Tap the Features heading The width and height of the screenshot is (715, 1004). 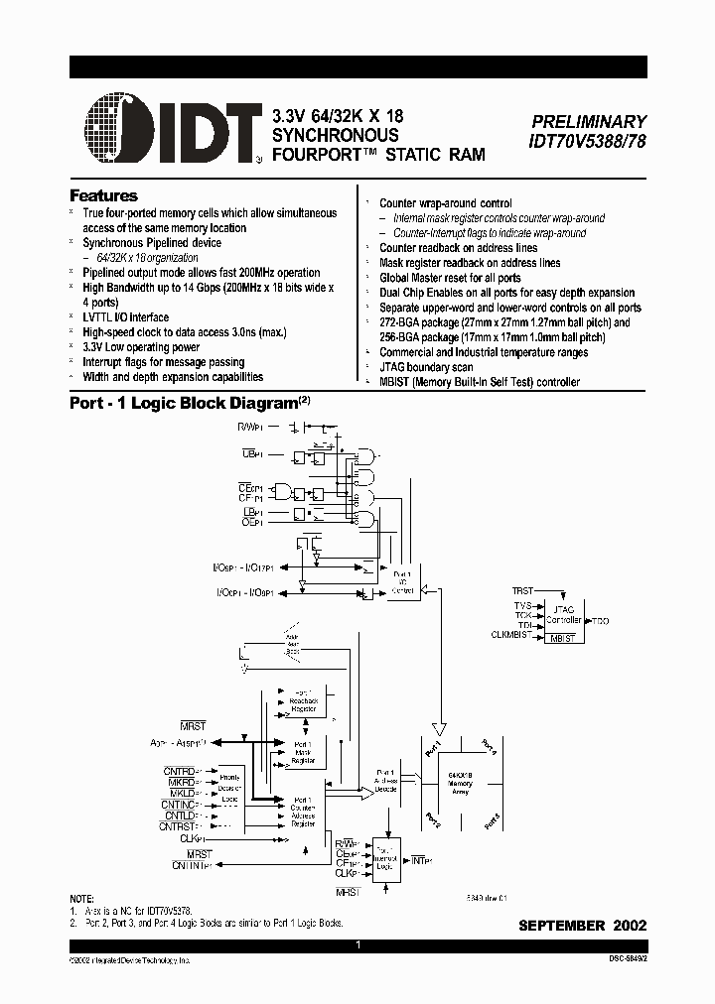pos(103,195)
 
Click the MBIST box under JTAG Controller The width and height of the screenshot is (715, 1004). pos(563,638)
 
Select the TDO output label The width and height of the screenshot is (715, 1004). pos(601,620)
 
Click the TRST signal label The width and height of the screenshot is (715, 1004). pos(522,589)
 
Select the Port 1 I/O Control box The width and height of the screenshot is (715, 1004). pos(402,581)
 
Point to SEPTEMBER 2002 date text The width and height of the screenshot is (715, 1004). pos(583,925)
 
